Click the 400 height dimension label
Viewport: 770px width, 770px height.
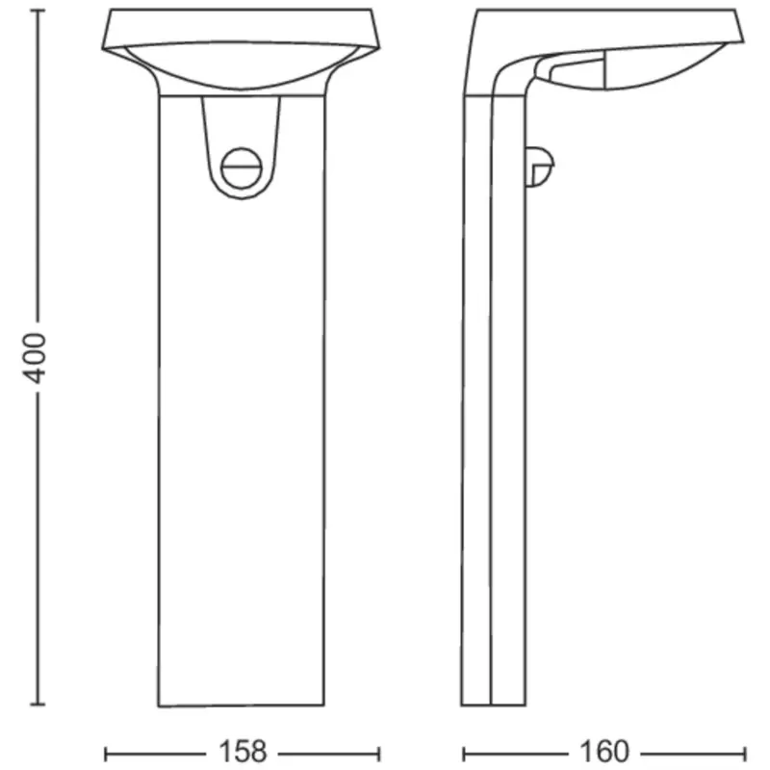36,357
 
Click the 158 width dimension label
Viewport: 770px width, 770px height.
243,751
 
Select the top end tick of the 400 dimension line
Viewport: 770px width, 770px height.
38,13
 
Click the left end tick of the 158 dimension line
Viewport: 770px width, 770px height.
105,751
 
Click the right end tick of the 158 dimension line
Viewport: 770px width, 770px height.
379,751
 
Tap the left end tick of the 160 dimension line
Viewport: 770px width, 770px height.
463,751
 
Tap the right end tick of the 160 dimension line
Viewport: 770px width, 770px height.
742,751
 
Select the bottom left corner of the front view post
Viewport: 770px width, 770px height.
159,705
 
